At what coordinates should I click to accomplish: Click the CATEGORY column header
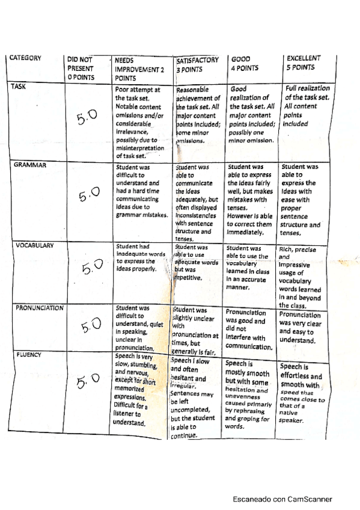coord(25,58)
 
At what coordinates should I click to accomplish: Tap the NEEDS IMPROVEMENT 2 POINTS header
coord(135,69)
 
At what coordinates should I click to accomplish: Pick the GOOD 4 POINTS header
coord(245,64)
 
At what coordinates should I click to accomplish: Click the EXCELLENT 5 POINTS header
coord(304,63)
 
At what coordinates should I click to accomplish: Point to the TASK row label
coord(18,87)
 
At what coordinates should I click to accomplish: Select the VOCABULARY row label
coord(31,245)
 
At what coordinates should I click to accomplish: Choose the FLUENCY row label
coord(25,355)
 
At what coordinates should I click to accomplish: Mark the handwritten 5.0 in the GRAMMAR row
coord(89,195)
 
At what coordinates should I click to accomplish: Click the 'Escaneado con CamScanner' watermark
coord(283,499)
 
